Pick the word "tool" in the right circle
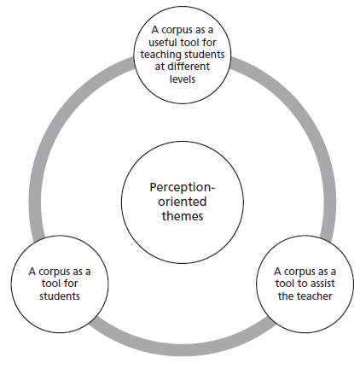point(285,284)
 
